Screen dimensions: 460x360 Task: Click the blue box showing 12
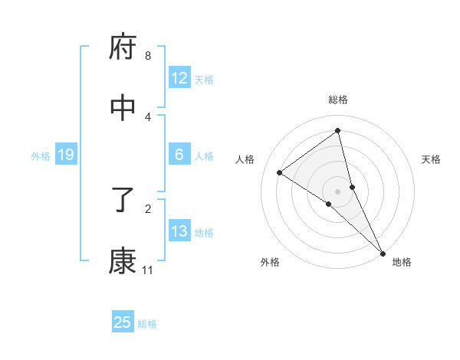(179, 78)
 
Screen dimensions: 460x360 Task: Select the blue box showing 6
(179, 155)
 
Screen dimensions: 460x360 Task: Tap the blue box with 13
(179, 231)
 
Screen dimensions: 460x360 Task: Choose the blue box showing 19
(66, 155)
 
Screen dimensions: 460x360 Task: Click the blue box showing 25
(123, 322)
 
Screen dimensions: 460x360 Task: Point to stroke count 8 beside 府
(148, 56)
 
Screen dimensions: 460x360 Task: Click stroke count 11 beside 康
(148, 270)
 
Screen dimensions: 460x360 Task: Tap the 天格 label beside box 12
(204, 79)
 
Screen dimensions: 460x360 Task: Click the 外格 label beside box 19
(41, 155)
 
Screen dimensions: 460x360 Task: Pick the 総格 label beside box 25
(147, 323)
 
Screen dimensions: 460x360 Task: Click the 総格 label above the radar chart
(338, 100)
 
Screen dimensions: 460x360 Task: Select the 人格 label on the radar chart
(245, 159)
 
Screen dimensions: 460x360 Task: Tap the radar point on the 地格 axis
(381, 252)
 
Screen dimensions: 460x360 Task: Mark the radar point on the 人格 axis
(280, 172)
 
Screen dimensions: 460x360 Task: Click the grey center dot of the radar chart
(338, 191)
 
